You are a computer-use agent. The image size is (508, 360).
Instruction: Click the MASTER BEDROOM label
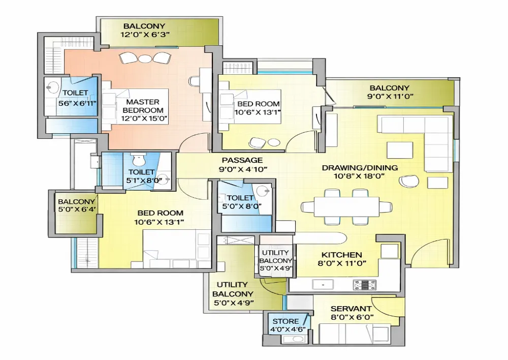pyautogui.click(x=143, y=106)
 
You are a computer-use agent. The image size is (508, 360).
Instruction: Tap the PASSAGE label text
pyautogui.click(x=242, y=160)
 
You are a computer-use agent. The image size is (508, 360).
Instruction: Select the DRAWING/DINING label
pyautogui.click(x=360, y=168)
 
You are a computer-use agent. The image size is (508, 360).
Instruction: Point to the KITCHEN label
pyautogui.click(x=341, y=255)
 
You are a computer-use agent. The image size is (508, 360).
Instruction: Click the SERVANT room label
pyautogui.click(x=351, y=309)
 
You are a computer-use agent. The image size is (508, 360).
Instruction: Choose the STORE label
pyautogui.click(x=285, y=321)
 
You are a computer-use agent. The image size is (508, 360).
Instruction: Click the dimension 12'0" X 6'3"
pyautogui.click(x=145, y=35)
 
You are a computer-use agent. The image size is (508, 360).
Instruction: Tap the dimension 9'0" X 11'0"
pyautogui.click(x=390, y=96)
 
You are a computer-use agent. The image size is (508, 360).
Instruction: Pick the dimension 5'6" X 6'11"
pyautogui.click(x=77, y=103)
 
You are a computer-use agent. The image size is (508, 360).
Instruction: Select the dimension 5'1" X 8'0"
pyautogui.click(x=144, y=181)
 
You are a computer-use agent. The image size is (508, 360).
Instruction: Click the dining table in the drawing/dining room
pyautogui.click(x=346, y=206)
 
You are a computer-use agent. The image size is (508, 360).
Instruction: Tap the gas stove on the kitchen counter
pyautogui.click(x=365, y=285)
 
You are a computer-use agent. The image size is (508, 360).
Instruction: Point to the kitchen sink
pyautogui.click(x=323, y=285)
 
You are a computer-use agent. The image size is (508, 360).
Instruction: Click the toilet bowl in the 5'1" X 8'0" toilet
pyautogui.click(x=139, y=159)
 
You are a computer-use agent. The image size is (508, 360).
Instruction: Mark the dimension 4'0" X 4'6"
pyautogui.click(x=288, y=330)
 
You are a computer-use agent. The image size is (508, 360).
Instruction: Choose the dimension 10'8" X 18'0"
pyautogui.click(x=359, y=176)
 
